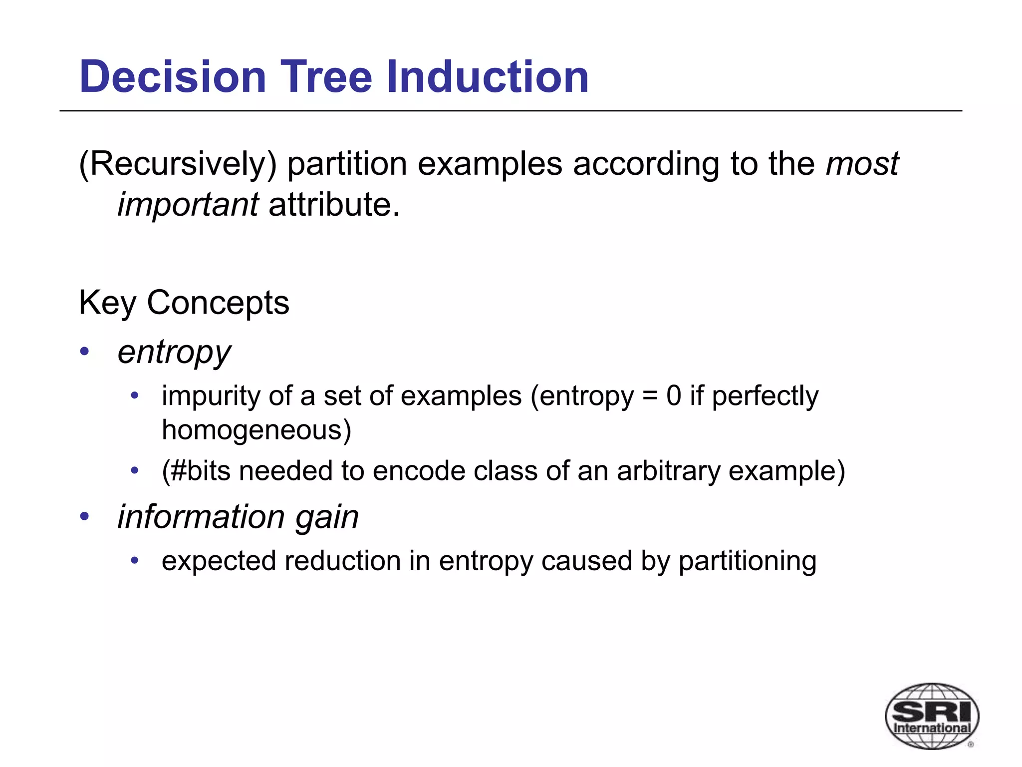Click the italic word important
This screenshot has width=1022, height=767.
(x=188, y=205)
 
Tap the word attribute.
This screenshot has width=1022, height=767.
(x=334, y=205)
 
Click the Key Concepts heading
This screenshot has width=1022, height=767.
(x=184, y=303)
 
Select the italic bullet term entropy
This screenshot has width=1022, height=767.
(x=174, y=353)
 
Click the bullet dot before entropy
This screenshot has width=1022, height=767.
(x=84, y=351)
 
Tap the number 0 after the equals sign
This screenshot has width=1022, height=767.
(x=673, y=396)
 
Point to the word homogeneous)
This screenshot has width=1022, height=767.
(x=256, y=430)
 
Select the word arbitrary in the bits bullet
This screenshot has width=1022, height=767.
(x=668, y=471)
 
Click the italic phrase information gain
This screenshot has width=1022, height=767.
(x=238, y=517)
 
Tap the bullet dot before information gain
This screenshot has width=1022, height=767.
(x=84, y=516)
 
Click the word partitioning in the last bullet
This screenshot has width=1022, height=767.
(x=747, y=561)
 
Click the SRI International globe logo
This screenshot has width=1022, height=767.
(x=931, y=716)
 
